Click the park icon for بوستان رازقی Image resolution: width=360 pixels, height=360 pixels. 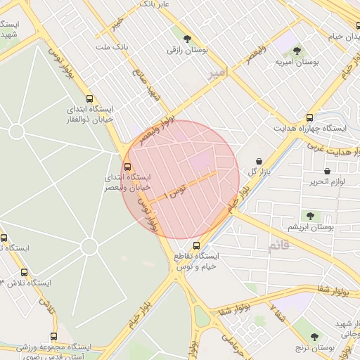[186, 39]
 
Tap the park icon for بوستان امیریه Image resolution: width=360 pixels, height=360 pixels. [297, 51]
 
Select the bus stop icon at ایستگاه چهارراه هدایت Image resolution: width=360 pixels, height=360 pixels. [309, 117]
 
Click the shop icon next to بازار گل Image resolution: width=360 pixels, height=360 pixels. [260, 161]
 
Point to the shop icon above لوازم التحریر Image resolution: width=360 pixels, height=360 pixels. [328, 171]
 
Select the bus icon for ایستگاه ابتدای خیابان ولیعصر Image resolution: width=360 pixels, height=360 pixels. [127, 167]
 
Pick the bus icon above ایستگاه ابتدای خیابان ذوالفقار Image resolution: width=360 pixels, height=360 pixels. [89, 99]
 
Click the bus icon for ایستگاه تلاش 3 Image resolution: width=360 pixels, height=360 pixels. [25, 272]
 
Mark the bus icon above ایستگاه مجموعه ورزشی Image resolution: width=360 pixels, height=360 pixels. [54, 336]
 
